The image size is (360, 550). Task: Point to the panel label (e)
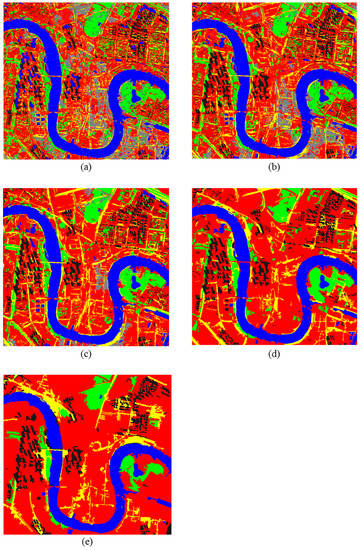[x=87, y=541]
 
